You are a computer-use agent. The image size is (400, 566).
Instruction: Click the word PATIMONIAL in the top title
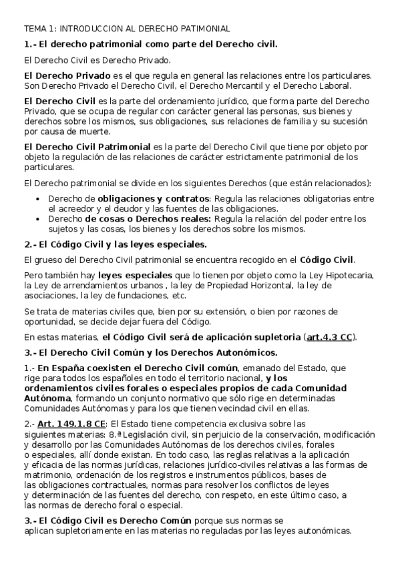click(206, 29)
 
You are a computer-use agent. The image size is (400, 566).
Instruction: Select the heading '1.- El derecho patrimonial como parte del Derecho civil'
click(150, 44)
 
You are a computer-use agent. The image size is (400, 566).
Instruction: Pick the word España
click(69, 367)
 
